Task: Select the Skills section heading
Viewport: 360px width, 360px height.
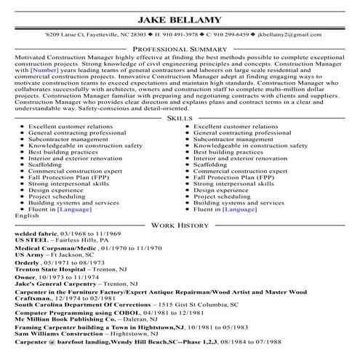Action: pyautogui.click(x=180, y=117)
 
